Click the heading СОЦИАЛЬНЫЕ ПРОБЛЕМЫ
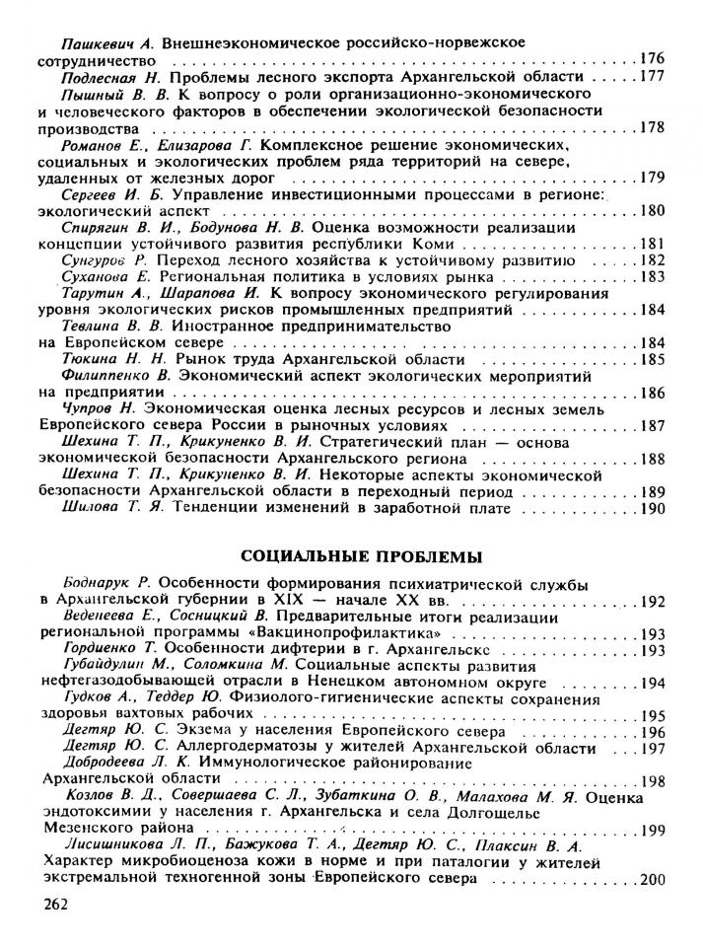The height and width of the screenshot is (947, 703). (x=353, y=555)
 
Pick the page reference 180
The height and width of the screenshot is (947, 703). (x=653, y=210)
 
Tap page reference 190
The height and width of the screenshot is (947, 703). (x=653, y=511)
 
